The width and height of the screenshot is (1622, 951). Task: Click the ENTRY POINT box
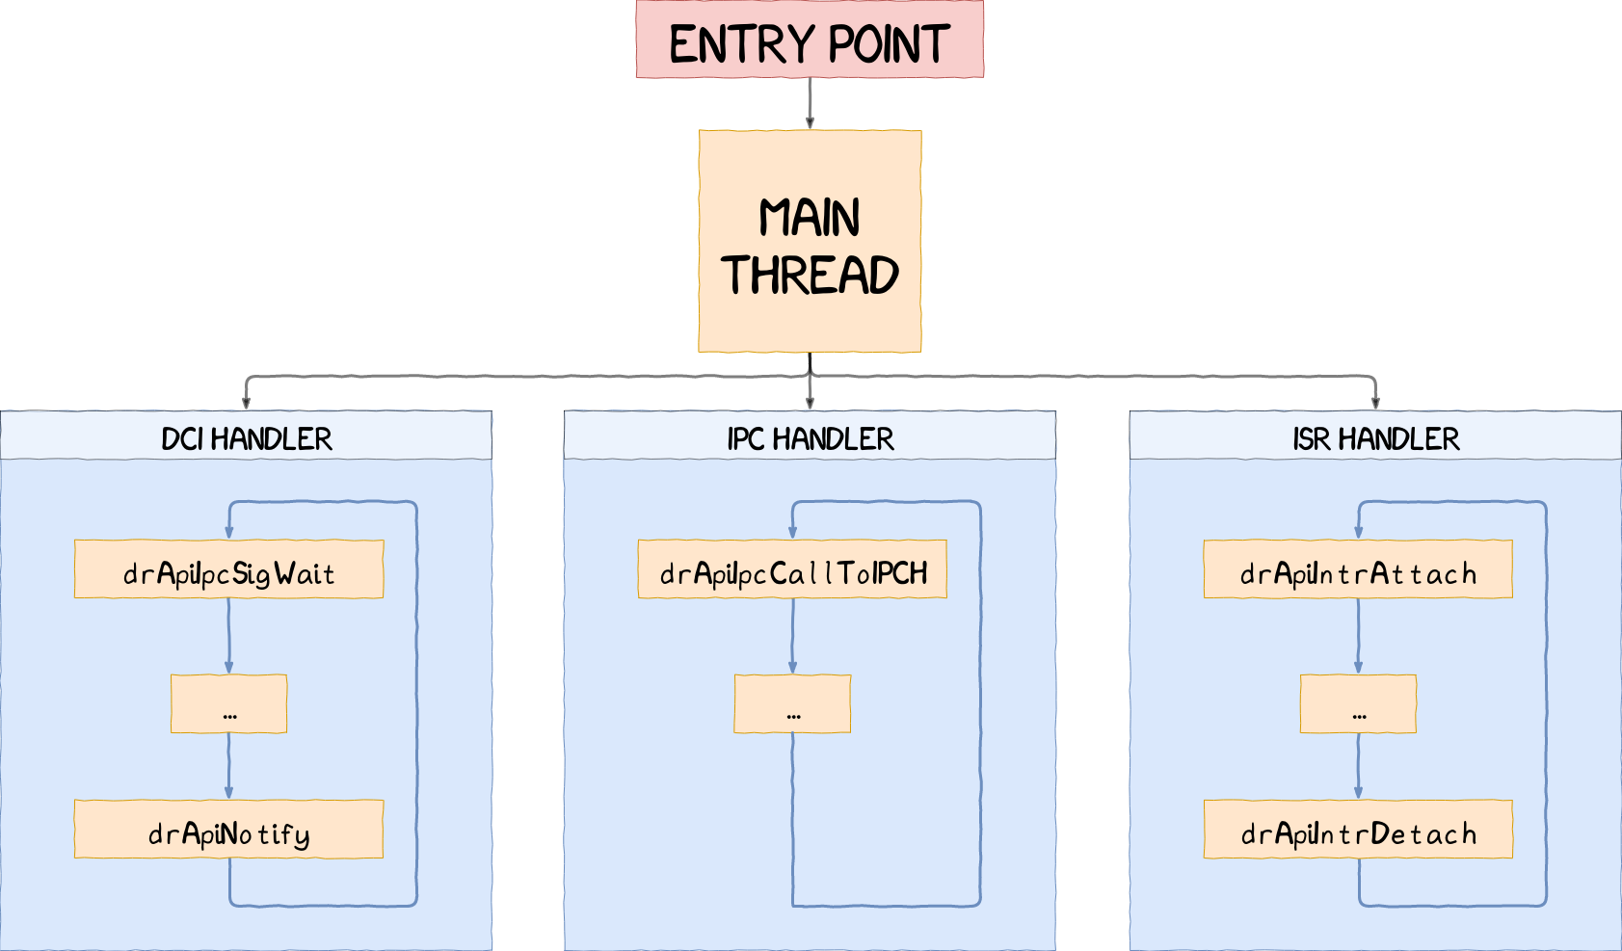(x=810, y=40)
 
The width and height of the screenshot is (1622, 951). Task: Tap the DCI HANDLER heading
(x=247, y=439)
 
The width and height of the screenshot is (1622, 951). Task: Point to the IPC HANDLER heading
(x=810, y=439)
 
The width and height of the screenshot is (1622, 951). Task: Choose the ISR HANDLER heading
(x=1375, y=439)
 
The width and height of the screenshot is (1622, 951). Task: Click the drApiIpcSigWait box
(x=228, y=570)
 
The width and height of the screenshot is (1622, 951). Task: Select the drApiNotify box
(x=228, y=830)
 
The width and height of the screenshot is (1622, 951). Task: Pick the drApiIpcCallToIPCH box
(x=792, y=570)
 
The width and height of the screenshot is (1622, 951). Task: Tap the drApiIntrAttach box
(x=1358, y=570)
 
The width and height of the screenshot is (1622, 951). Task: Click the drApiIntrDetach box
(x=1358, y=830)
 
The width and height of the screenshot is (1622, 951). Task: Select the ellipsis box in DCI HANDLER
(x=228, y=704)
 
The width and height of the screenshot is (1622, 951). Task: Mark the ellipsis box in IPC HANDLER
(x=792, y=704)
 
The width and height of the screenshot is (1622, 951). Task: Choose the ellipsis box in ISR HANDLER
(x=1358, y=704)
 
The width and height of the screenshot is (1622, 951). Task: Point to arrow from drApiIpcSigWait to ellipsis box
(x=228, y=636)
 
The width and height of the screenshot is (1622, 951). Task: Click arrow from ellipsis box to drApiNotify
(x=228, y=766)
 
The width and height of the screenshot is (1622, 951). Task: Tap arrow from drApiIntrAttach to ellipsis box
(x=1358, y=636)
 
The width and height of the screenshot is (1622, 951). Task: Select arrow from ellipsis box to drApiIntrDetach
(x=1358, y=766)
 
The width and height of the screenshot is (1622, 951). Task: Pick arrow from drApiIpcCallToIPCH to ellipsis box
(x=792, y=636)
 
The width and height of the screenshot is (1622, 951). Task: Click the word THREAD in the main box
(x=810, y=276)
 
